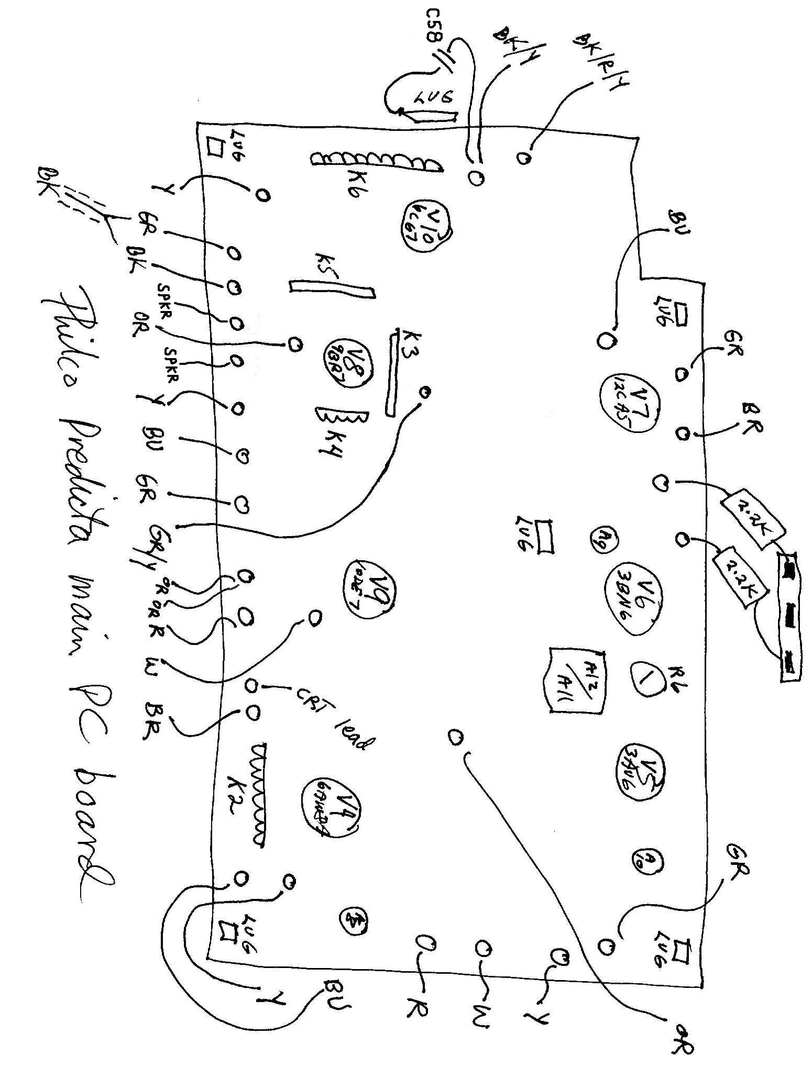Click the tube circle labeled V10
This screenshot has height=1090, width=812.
pos(425,227)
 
